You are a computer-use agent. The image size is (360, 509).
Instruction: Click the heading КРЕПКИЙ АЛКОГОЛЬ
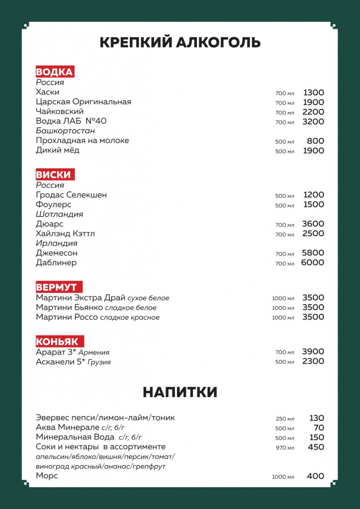(180, 43)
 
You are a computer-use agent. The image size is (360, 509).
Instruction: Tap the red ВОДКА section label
(55, 72)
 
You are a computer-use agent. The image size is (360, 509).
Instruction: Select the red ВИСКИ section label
(54, 174)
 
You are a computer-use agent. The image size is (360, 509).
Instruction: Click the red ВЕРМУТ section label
(57, 287)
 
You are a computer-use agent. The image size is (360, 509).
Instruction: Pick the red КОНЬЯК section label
(57, 341)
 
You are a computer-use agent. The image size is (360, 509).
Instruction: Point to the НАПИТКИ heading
(180, 392)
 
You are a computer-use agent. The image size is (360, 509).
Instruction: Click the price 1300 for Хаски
(313, 92)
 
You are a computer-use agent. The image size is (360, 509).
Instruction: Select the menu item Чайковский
(60, 112)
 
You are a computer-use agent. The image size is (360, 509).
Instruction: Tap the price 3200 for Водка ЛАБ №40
(313, 122)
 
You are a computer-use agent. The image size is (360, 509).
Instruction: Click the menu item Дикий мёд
(58, 150)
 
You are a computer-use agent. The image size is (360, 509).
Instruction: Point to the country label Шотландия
(59, 214)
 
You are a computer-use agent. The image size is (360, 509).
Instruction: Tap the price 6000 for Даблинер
(312, 262)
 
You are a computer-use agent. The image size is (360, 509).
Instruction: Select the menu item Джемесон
(57, 253)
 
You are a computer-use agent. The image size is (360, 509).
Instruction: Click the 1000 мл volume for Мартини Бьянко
(283, 308)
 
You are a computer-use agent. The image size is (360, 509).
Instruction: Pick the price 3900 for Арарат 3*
(313, 352)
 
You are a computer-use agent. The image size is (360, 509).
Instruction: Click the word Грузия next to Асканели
(99, 362)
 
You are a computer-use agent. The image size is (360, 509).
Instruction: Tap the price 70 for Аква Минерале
(319, 428)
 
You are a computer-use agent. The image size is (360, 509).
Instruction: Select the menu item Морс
(47, 476)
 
